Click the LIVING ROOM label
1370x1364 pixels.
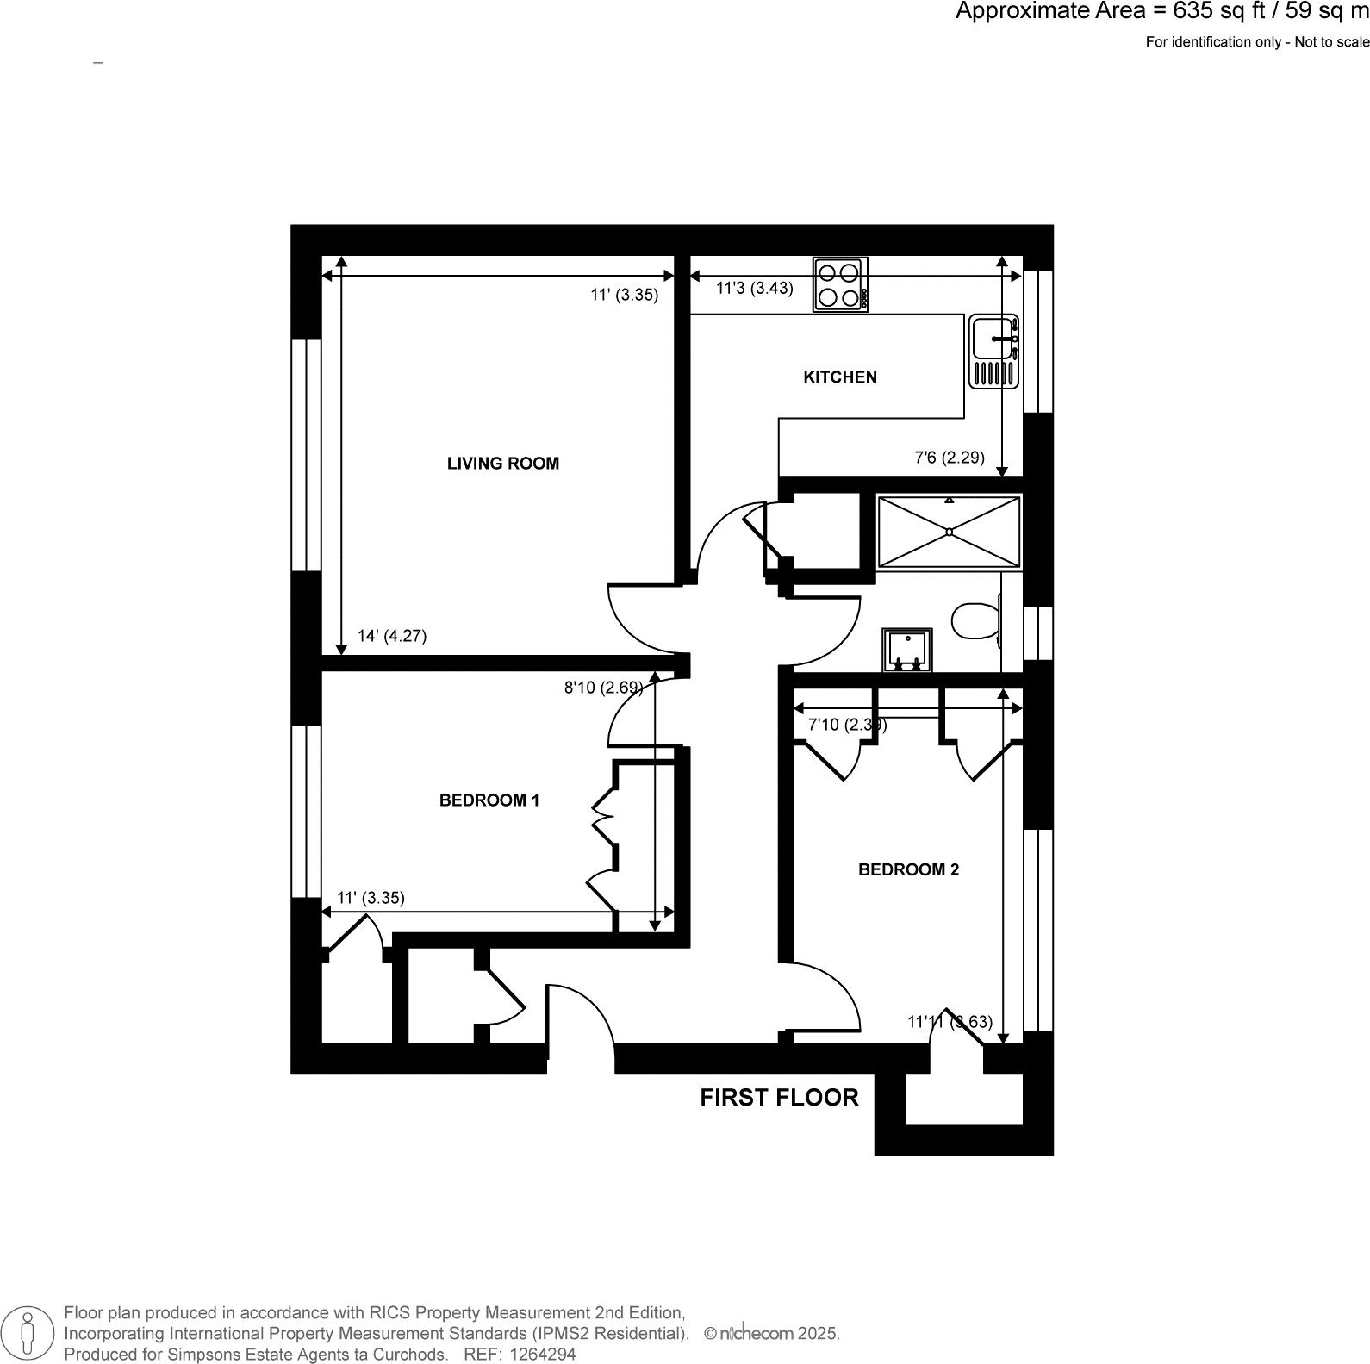(x=502, y=464)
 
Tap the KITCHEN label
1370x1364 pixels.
(x=840, y=377)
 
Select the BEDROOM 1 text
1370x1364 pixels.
(x=489, y=800)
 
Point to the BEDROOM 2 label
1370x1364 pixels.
(x=908, y=870)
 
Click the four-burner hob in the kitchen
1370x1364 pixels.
(x=840, y=285)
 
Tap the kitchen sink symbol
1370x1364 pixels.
(x=994, y=352)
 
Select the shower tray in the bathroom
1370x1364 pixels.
(x=949, y=532)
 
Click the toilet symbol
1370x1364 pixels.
(x=975, y=620)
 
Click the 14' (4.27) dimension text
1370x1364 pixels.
(x=392, y=637)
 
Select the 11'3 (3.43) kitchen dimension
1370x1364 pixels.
(x=754, y=289)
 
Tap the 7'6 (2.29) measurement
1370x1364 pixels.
(x=949, y=458)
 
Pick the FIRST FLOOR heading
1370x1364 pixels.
(x=779, y=1098)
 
